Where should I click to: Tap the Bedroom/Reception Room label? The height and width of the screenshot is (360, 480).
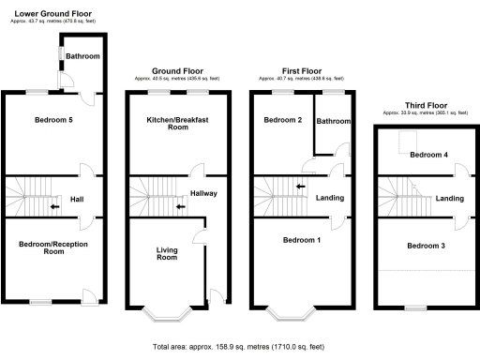(x=48, y=247)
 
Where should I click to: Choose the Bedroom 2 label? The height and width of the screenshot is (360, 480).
(x=280, y=121)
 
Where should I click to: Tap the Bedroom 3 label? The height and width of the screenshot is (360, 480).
(x=426, y=246)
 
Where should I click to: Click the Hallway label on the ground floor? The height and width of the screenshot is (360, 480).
(x=204, y=194)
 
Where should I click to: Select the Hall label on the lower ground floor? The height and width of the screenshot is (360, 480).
(x=78, y=199)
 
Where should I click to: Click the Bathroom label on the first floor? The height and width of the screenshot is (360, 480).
(x=333, y=121)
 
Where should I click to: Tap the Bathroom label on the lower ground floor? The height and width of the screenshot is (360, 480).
(x=82, y=57)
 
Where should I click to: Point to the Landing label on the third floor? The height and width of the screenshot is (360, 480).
(x=450, y=198)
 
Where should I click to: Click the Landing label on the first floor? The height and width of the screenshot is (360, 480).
(x=329, y=198)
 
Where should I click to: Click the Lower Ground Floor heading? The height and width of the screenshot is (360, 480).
(x=56, y=13)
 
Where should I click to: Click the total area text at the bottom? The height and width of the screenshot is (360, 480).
(x=240, y=346)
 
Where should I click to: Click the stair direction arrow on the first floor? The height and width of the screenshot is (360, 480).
(x=299, y=186)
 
